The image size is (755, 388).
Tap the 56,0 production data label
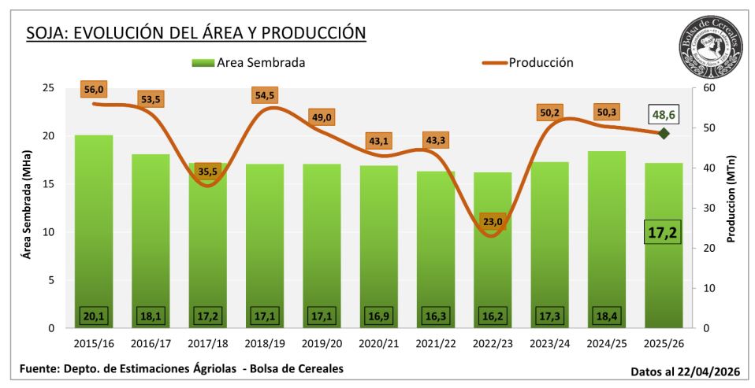point(94,90)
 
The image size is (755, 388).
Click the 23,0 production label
point(493,221)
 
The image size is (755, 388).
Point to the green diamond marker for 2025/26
point(664,133)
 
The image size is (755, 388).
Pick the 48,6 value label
point(664,115)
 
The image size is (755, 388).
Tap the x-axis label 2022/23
point(493,345)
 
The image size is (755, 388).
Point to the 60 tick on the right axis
point(708,88)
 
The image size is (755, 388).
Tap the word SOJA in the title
point(44,33)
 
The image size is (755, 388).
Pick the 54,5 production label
point(265,95)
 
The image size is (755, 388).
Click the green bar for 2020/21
point(379,244)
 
